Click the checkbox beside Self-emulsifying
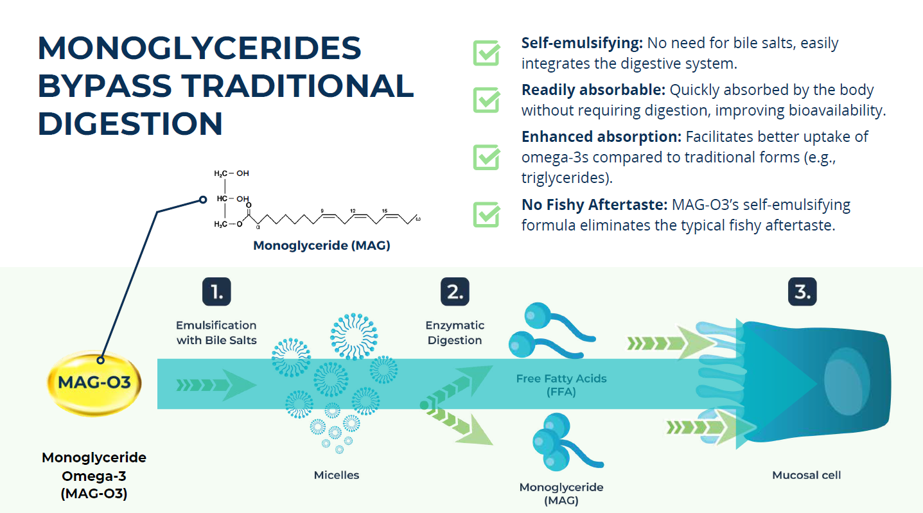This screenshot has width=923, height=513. pos(486,53)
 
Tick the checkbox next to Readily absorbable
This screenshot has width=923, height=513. pos(486,100)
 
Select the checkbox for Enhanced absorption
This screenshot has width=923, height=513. pos(486,157)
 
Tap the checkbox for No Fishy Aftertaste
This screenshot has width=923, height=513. pos(486,214)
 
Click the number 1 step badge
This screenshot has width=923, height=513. pos(216,291)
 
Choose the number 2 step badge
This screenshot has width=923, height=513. pos(455,291)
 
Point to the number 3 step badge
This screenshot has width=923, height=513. pos(802,292)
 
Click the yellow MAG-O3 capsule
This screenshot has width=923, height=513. pos(94,383)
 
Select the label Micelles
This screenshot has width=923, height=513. pos(337,475)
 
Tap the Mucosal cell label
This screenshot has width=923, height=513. pos(806,475)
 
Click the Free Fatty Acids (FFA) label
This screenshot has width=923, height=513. pos(561,385)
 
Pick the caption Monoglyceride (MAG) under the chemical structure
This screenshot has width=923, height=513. pos(321,245)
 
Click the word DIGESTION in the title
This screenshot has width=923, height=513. pos(130,123)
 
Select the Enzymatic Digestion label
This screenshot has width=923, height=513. pos(455,333)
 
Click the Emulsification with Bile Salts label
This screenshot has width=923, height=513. pos(216,333)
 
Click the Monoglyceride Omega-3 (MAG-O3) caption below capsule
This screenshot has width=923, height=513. pos(94,476)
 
